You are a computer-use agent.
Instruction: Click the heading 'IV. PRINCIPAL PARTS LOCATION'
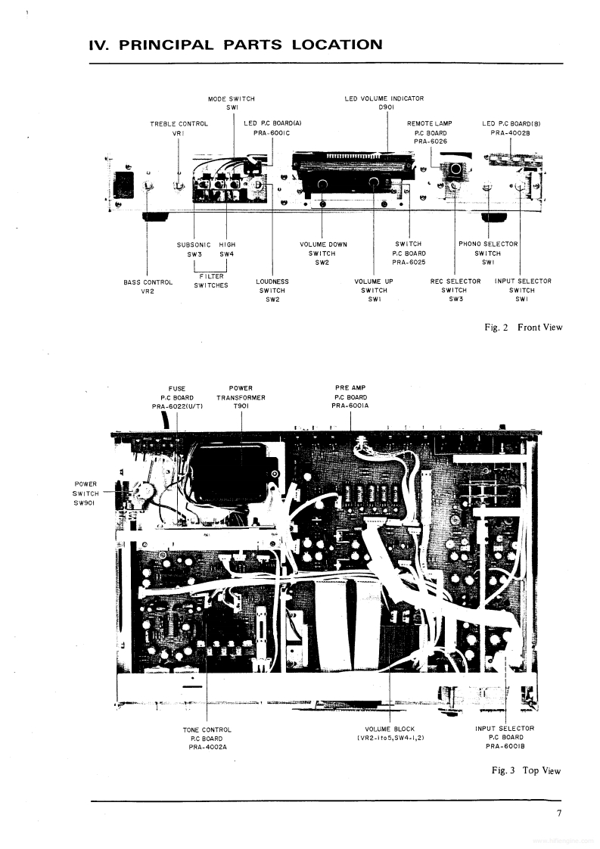[235, 45]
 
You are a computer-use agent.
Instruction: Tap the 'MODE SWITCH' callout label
[231, 99]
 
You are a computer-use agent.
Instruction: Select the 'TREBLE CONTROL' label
[179, 123]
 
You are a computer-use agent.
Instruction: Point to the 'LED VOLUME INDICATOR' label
[384, 99]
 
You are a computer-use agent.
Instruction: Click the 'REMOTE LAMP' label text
[429, 123]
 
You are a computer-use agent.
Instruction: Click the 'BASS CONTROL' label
[148, 281]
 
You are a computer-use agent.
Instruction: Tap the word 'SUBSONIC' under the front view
[194, 244]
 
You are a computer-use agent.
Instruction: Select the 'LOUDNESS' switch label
[272, 281]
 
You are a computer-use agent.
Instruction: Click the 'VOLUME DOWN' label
[323, 244]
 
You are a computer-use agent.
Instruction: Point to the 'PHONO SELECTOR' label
[488, 244]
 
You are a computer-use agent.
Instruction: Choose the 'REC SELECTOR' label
[455, 281]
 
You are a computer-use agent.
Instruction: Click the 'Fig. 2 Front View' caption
[524, 327]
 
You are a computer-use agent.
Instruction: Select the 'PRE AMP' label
[350, 388]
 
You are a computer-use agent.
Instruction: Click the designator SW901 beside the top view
[85, 502]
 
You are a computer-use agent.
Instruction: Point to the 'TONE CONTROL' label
[207, 729]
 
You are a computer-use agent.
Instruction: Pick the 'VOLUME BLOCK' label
[390, 729]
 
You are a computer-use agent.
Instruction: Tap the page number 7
[559, 814]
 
